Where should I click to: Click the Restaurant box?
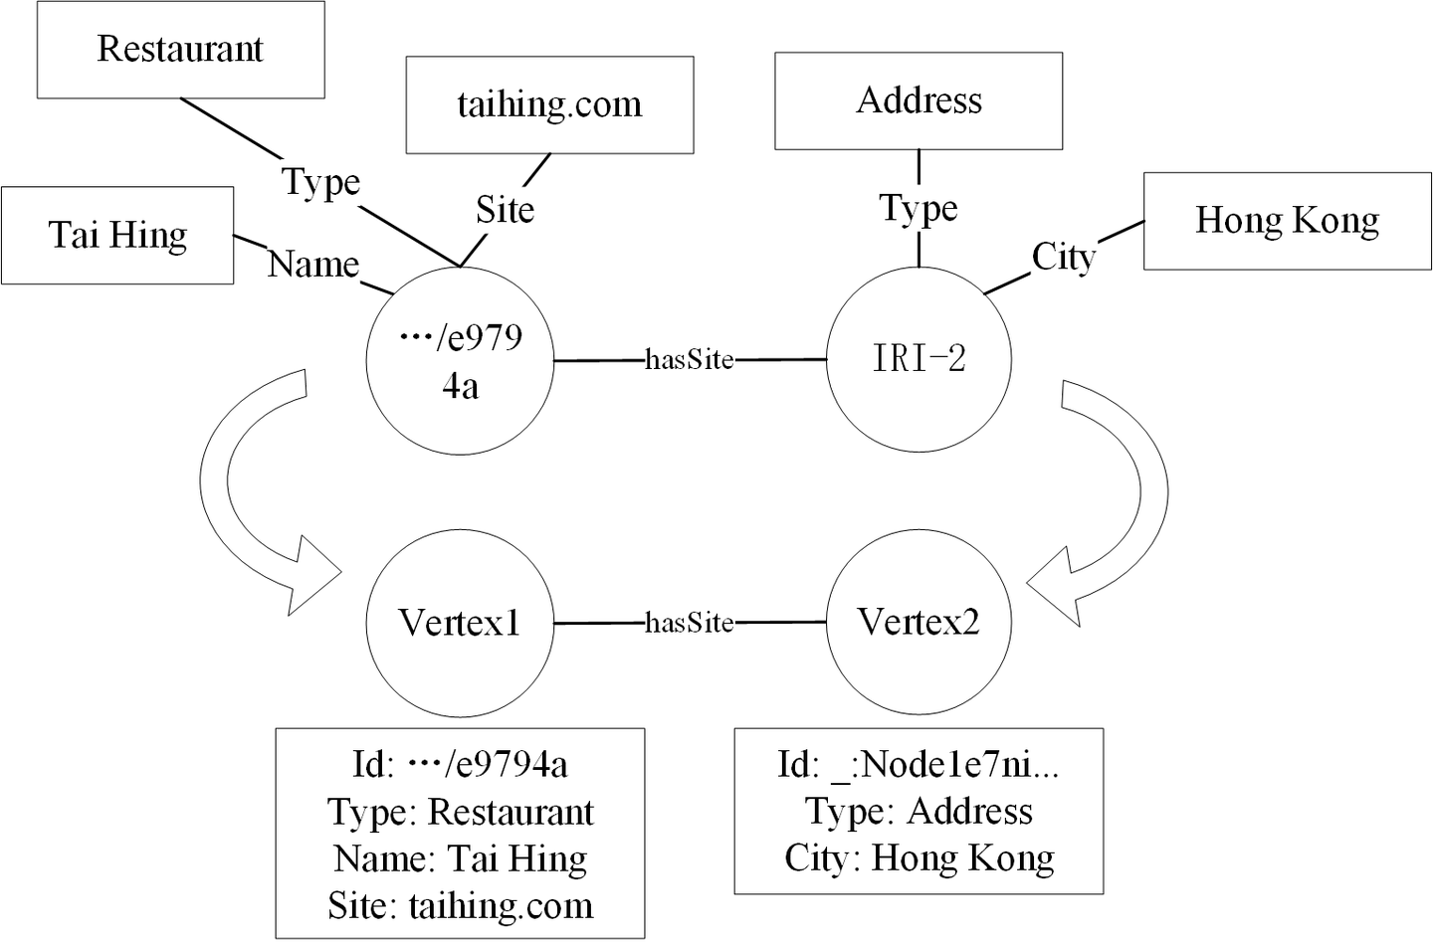click(x=180, y=50)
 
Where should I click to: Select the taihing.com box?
click(x=549, y=104)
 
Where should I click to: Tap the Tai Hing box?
click(x=117, y=236)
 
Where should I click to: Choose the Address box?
click(x=919, y=100)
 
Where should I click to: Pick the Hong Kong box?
click(x=1287, y=221)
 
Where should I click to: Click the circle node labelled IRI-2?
click(x=919, y=359)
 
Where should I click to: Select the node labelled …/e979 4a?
click(x=459, y=360)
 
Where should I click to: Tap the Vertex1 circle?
click(x=459, y=623)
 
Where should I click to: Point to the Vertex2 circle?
click(x=919, y=623)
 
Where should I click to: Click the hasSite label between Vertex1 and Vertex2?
click(x=690, y=623)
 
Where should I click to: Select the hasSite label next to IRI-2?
click(x=690, y=359)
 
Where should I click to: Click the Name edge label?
click(x=313, y=265)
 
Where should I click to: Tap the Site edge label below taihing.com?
click(x=505, y=210)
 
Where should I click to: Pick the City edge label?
click(x=1063, y=257)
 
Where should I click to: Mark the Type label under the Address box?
click(x=919, y=208)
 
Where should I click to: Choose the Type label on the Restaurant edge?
click(x=320, y=182)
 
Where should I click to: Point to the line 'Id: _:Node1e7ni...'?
click(x=919, y=764)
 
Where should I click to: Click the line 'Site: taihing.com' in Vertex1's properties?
click(x=460, y=906)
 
